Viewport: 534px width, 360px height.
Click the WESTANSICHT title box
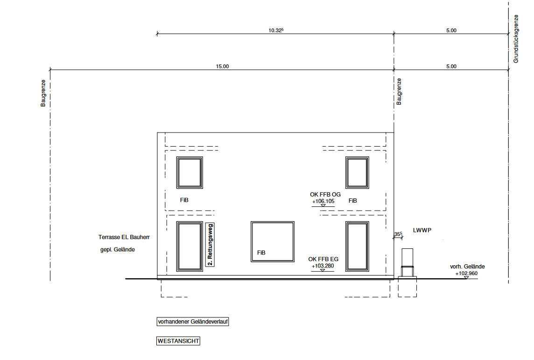pyautogui.click(x=178, y=341)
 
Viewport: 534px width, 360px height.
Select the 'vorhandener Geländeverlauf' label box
pyautogui.click(x=192, y=322)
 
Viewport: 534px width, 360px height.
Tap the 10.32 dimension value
pyautogui.click(x=276, y=30)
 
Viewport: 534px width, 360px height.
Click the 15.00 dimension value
pyautogui.click(x=222, y=66)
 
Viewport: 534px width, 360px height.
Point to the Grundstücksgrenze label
pyautogui.click(x=516, y=39)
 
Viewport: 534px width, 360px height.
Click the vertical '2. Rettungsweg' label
pyautogui.click(x=210, y=245)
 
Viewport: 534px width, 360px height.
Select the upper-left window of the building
pyautogui.click(x=190, y=173)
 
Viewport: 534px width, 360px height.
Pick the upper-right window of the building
pyautogui.click(x=357, y=173)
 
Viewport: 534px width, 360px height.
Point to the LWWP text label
pyautogui.click(x=422, y=230)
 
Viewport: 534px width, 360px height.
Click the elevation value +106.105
pyautogui.click(x=323, y=201)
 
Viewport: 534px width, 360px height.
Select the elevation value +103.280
pyautogui.click(x=323, y=266)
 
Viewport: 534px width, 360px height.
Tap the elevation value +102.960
pyautogui.click(x=466, y=274)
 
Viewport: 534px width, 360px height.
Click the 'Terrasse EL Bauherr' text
pyautogui.click(x=124, y=237)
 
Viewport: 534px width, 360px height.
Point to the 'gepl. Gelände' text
pyautogui.click(x=118, y=250)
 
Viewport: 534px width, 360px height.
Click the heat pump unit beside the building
pyautogui.click(x=408, y=262)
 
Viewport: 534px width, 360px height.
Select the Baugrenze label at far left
pyautogui.click(x=43, y=93)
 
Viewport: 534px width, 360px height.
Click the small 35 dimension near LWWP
pyautogui.click(x=398, y=234)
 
